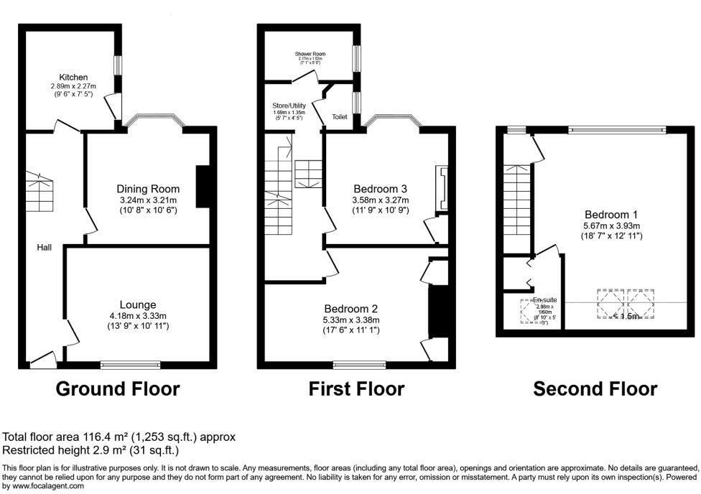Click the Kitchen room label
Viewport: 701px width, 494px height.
pos(74,77)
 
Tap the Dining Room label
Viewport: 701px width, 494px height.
pos(147,189)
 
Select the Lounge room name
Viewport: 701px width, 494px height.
pos(138,304)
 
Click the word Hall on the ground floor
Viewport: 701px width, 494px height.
pos(45,247)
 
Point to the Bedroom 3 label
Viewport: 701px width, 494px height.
pos(380,189)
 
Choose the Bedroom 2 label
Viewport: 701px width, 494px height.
pos(350,309)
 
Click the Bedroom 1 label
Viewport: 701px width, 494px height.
pos(611,214)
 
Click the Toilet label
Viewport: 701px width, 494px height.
pos(340,116)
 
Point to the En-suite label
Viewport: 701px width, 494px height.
pos(544,299)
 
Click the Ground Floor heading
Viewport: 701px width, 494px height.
pos(118,389)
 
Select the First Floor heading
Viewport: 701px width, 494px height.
pos(356,389)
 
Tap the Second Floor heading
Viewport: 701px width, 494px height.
pos(595,389)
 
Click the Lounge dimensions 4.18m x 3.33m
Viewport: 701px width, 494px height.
pos(138,316)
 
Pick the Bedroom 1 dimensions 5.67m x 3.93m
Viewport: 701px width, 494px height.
pos(611,225)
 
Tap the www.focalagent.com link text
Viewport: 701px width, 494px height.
pos(43,486)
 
